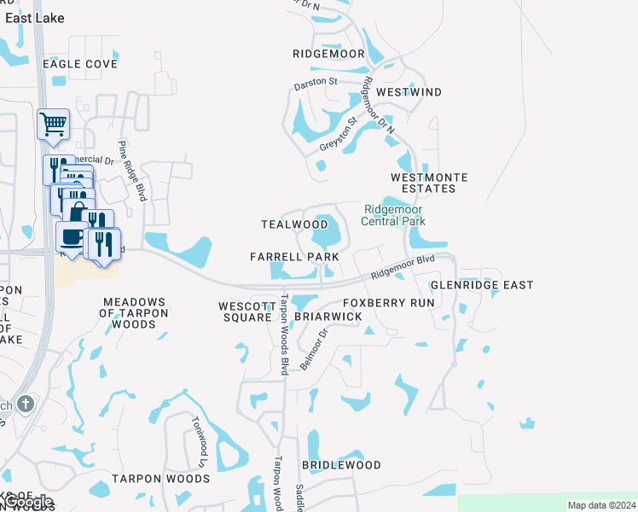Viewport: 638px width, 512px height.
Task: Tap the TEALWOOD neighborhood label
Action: point(294,224)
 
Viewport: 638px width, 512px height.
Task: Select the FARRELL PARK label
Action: point(294,257)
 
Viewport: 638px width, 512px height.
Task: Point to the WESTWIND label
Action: point(409,92)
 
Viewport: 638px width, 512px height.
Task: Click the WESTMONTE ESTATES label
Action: point(429,183)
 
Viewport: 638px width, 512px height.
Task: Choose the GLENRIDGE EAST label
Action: point(482,285)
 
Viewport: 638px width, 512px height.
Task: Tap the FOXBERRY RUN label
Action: point(388,303)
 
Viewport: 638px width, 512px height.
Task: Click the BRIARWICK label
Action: point(328,317)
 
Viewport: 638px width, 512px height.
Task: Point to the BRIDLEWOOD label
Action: point(341,466)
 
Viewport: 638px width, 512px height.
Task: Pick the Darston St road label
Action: point(316,84)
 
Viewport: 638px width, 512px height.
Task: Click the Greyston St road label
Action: point(337,135)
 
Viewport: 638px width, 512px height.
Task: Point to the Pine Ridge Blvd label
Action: point(133,171)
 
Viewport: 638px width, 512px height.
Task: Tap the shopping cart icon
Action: point(53,125)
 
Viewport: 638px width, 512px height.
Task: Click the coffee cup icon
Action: point(71,238)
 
